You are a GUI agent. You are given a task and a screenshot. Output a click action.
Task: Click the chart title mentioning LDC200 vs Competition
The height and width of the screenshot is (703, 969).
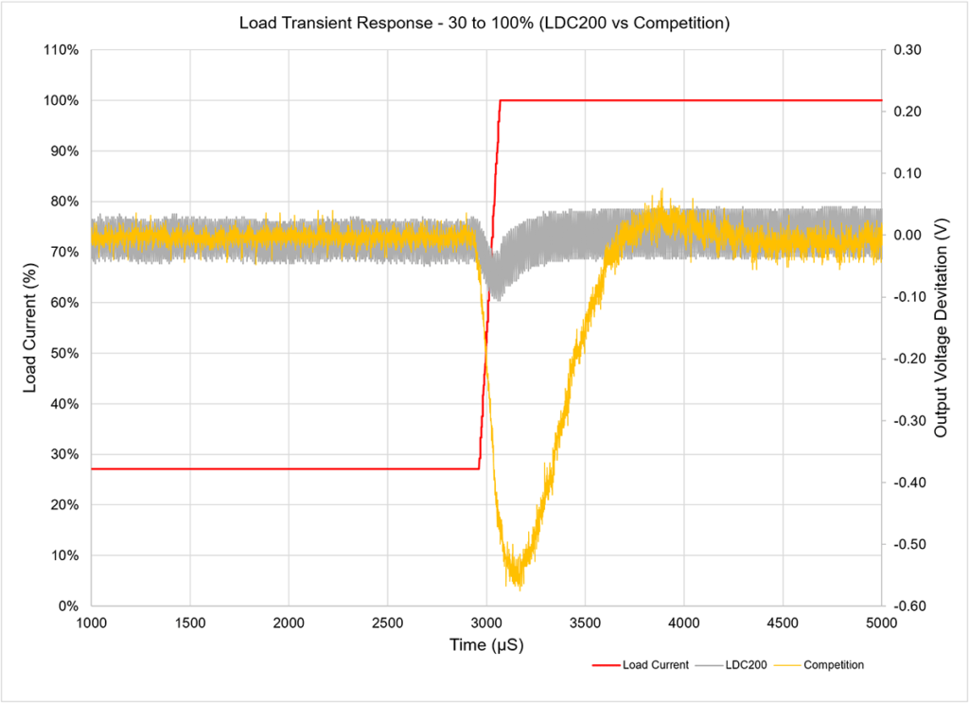[484, 24]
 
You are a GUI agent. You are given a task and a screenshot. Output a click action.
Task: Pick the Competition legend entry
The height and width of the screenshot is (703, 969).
[833, 665]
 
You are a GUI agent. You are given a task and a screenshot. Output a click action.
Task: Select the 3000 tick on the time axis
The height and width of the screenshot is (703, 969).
[485, 622]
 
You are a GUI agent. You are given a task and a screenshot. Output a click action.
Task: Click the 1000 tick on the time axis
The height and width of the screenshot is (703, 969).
[91, 622]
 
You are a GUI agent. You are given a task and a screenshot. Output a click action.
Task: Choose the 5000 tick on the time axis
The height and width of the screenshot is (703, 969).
[881, 622]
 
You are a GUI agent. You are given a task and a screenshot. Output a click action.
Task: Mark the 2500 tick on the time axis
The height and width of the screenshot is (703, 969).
[387, 622]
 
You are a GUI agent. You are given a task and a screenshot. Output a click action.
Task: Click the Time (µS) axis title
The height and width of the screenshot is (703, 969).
[485, 645]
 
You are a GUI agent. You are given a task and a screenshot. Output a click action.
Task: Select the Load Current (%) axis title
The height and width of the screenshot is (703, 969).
[29, 328]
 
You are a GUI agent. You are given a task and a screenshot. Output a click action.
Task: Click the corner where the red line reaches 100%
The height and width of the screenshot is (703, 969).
[501, 100]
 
